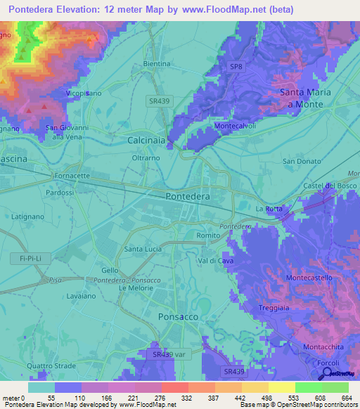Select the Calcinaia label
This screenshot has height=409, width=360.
pyautogui.click(x=146, y=141)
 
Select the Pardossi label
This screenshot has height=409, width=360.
pyautogui.click(x=59, y=192)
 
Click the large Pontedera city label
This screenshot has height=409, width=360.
pyautogui.click(x=188, y=197)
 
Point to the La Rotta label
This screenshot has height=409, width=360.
pyautogui.click(x=269, y=209)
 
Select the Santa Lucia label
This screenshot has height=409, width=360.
pyautogui.click(x=143, y=249)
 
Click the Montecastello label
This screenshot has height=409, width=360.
pyautogui.click(x=310, y=278)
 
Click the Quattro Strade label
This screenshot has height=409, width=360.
pyautogui.click(x=49, y=366)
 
